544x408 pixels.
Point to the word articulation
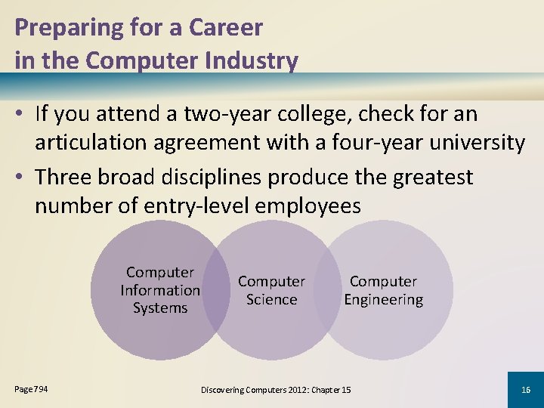click(x=99, y=142)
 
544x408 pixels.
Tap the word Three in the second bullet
click(x=66, y=178)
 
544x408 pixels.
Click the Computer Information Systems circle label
click(x=160, y=290)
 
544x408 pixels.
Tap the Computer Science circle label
click(x=271, y=290)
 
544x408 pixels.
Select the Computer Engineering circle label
click(x=383, y=290)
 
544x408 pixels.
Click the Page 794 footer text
click(x=32, y=388)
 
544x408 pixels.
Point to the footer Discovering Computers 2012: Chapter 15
click(x=276, y=389)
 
